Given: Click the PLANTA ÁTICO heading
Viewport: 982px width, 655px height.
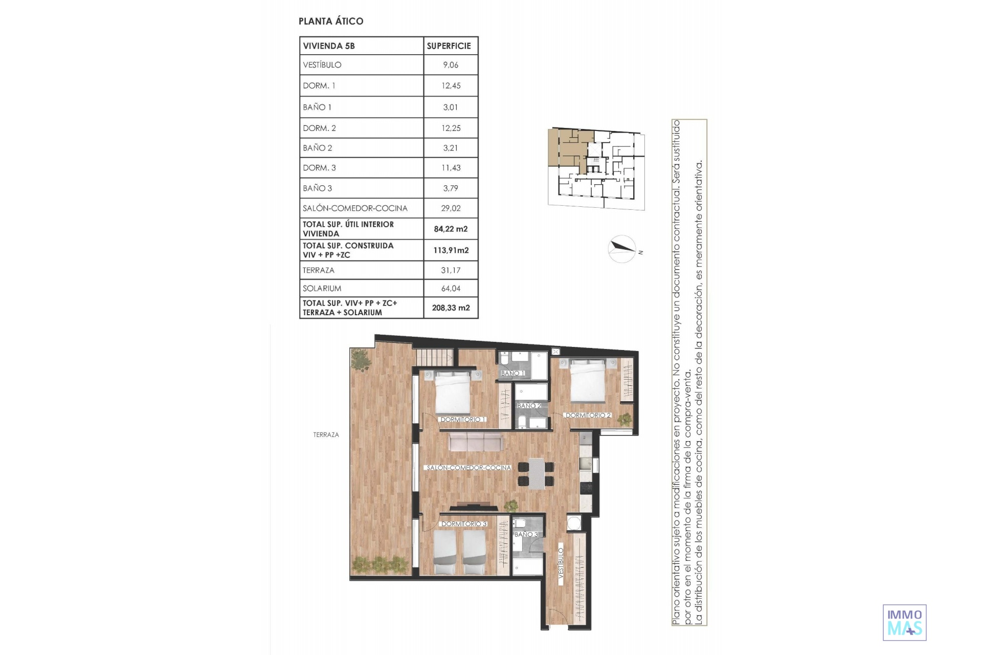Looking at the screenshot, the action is click(331, 21).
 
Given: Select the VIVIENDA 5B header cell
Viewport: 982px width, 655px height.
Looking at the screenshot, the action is click(362, 46).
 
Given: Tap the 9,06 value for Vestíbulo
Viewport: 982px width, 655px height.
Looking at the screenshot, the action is click(451, 65).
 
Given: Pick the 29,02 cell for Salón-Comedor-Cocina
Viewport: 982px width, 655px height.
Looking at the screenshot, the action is click(451, 208).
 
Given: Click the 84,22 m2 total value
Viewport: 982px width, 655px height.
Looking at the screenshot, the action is click(451, 229).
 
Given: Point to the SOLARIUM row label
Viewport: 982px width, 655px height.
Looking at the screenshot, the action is click(322, 288).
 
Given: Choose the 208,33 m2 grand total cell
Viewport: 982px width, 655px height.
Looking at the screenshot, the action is click(451, 308).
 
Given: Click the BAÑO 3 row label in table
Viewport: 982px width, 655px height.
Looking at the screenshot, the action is click(317, 188).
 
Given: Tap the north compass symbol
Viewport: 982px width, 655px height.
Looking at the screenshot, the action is click(623, 249).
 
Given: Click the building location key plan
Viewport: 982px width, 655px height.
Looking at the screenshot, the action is click(596, 169).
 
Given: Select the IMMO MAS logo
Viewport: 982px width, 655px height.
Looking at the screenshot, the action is click(904, 622).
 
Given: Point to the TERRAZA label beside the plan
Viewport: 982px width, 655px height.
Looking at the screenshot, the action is click(326, 435).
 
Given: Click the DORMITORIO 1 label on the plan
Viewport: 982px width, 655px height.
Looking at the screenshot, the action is click(462, 419).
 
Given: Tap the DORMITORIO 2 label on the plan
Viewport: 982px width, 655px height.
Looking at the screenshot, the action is click(588, 415).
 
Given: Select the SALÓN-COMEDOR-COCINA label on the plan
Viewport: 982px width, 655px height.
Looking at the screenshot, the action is click(468, 468).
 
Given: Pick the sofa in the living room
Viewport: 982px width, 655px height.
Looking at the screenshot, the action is click(475, 443).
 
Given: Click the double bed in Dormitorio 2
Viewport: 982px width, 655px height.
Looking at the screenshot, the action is click(588, 380).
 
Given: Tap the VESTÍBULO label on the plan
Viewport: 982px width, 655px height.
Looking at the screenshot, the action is click(561, 563).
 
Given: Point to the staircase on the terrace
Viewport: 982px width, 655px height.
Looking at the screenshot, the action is click(435, 357).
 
